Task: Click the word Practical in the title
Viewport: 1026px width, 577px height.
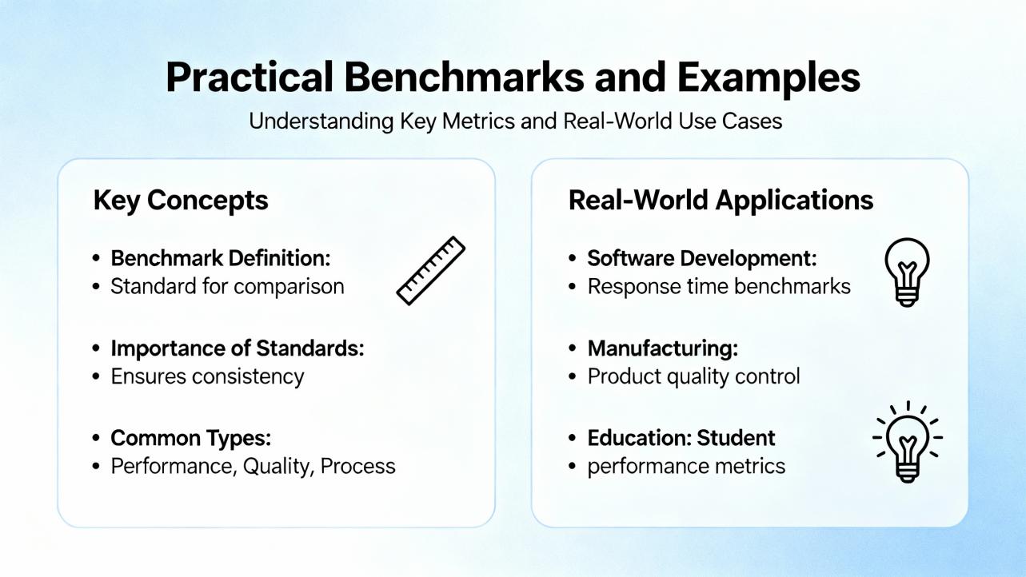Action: coord(250,77)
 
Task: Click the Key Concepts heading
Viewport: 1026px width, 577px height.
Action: coord(181,201)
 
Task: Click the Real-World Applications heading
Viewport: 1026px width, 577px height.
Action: coord(721,201)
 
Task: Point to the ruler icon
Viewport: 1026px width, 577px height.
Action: coord(430,270)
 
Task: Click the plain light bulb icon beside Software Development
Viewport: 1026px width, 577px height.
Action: coord(907,273)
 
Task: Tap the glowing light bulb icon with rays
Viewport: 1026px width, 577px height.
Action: coord(908,442)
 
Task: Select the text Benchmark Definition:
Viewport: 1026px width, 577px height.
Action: coord(221,258)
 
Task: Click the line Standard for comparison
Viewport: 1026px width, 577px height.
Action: coord(227,287)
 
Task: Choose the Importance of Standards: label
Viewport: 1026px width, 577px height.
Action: coord(238,348)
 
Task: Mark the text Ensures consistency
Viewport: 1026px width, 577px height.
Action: coord(207,377)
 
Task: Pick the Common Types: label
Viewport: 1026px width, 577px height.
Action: coord(190,439)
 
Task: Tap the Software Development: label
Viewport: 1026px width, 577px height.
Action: coord(702,258)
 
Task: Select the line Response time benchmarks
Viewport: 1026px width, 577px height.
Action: coord(719,287)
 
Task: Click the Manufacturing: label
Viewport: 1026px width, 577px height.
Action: coord(663,348)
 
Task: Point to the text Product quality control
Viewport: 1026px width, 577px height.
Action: coord(694,377)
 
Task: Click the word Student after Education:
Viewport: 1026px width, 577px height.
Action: coord(736,438)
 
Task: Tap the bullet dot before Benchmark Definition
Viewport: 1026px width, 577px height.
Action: coord(96,258)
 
